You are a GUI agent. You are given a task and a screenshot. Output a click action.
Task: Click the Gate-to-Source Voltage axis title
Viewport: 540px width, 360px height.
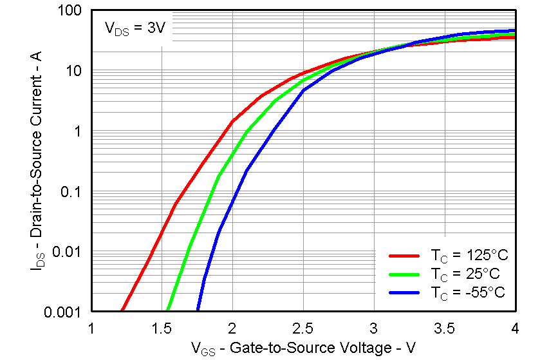pos(303,348)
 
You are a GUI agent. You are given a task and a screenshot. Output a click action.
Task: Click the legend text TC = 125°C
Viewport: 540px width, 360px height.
pos(461,255)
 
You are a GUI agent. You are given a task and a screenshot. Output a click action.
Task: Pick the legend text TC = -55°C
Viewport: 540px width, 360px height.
pos(459,292)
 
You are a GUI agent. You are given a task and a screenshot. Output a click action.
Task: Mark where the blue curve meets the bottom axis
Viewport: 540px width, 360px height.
pos(198,311)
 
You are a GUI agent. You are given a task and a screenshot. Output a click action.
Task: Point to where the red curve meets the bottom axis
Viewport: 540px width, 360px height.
pos(122,311)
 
